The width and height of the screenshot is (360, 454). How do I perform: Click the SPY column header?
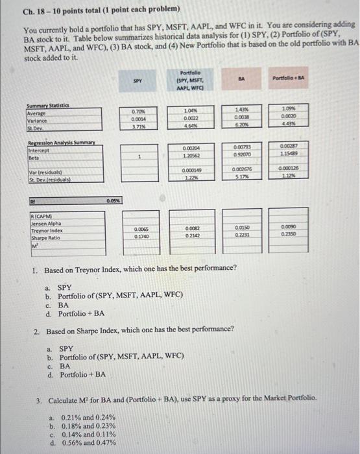tap(137, 81)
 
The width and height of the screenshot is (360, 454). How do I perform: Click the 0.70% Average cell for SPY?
tap(138, 112)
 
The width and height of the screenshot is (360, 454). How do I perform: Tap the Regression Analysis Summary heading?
tap(56, 142)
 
